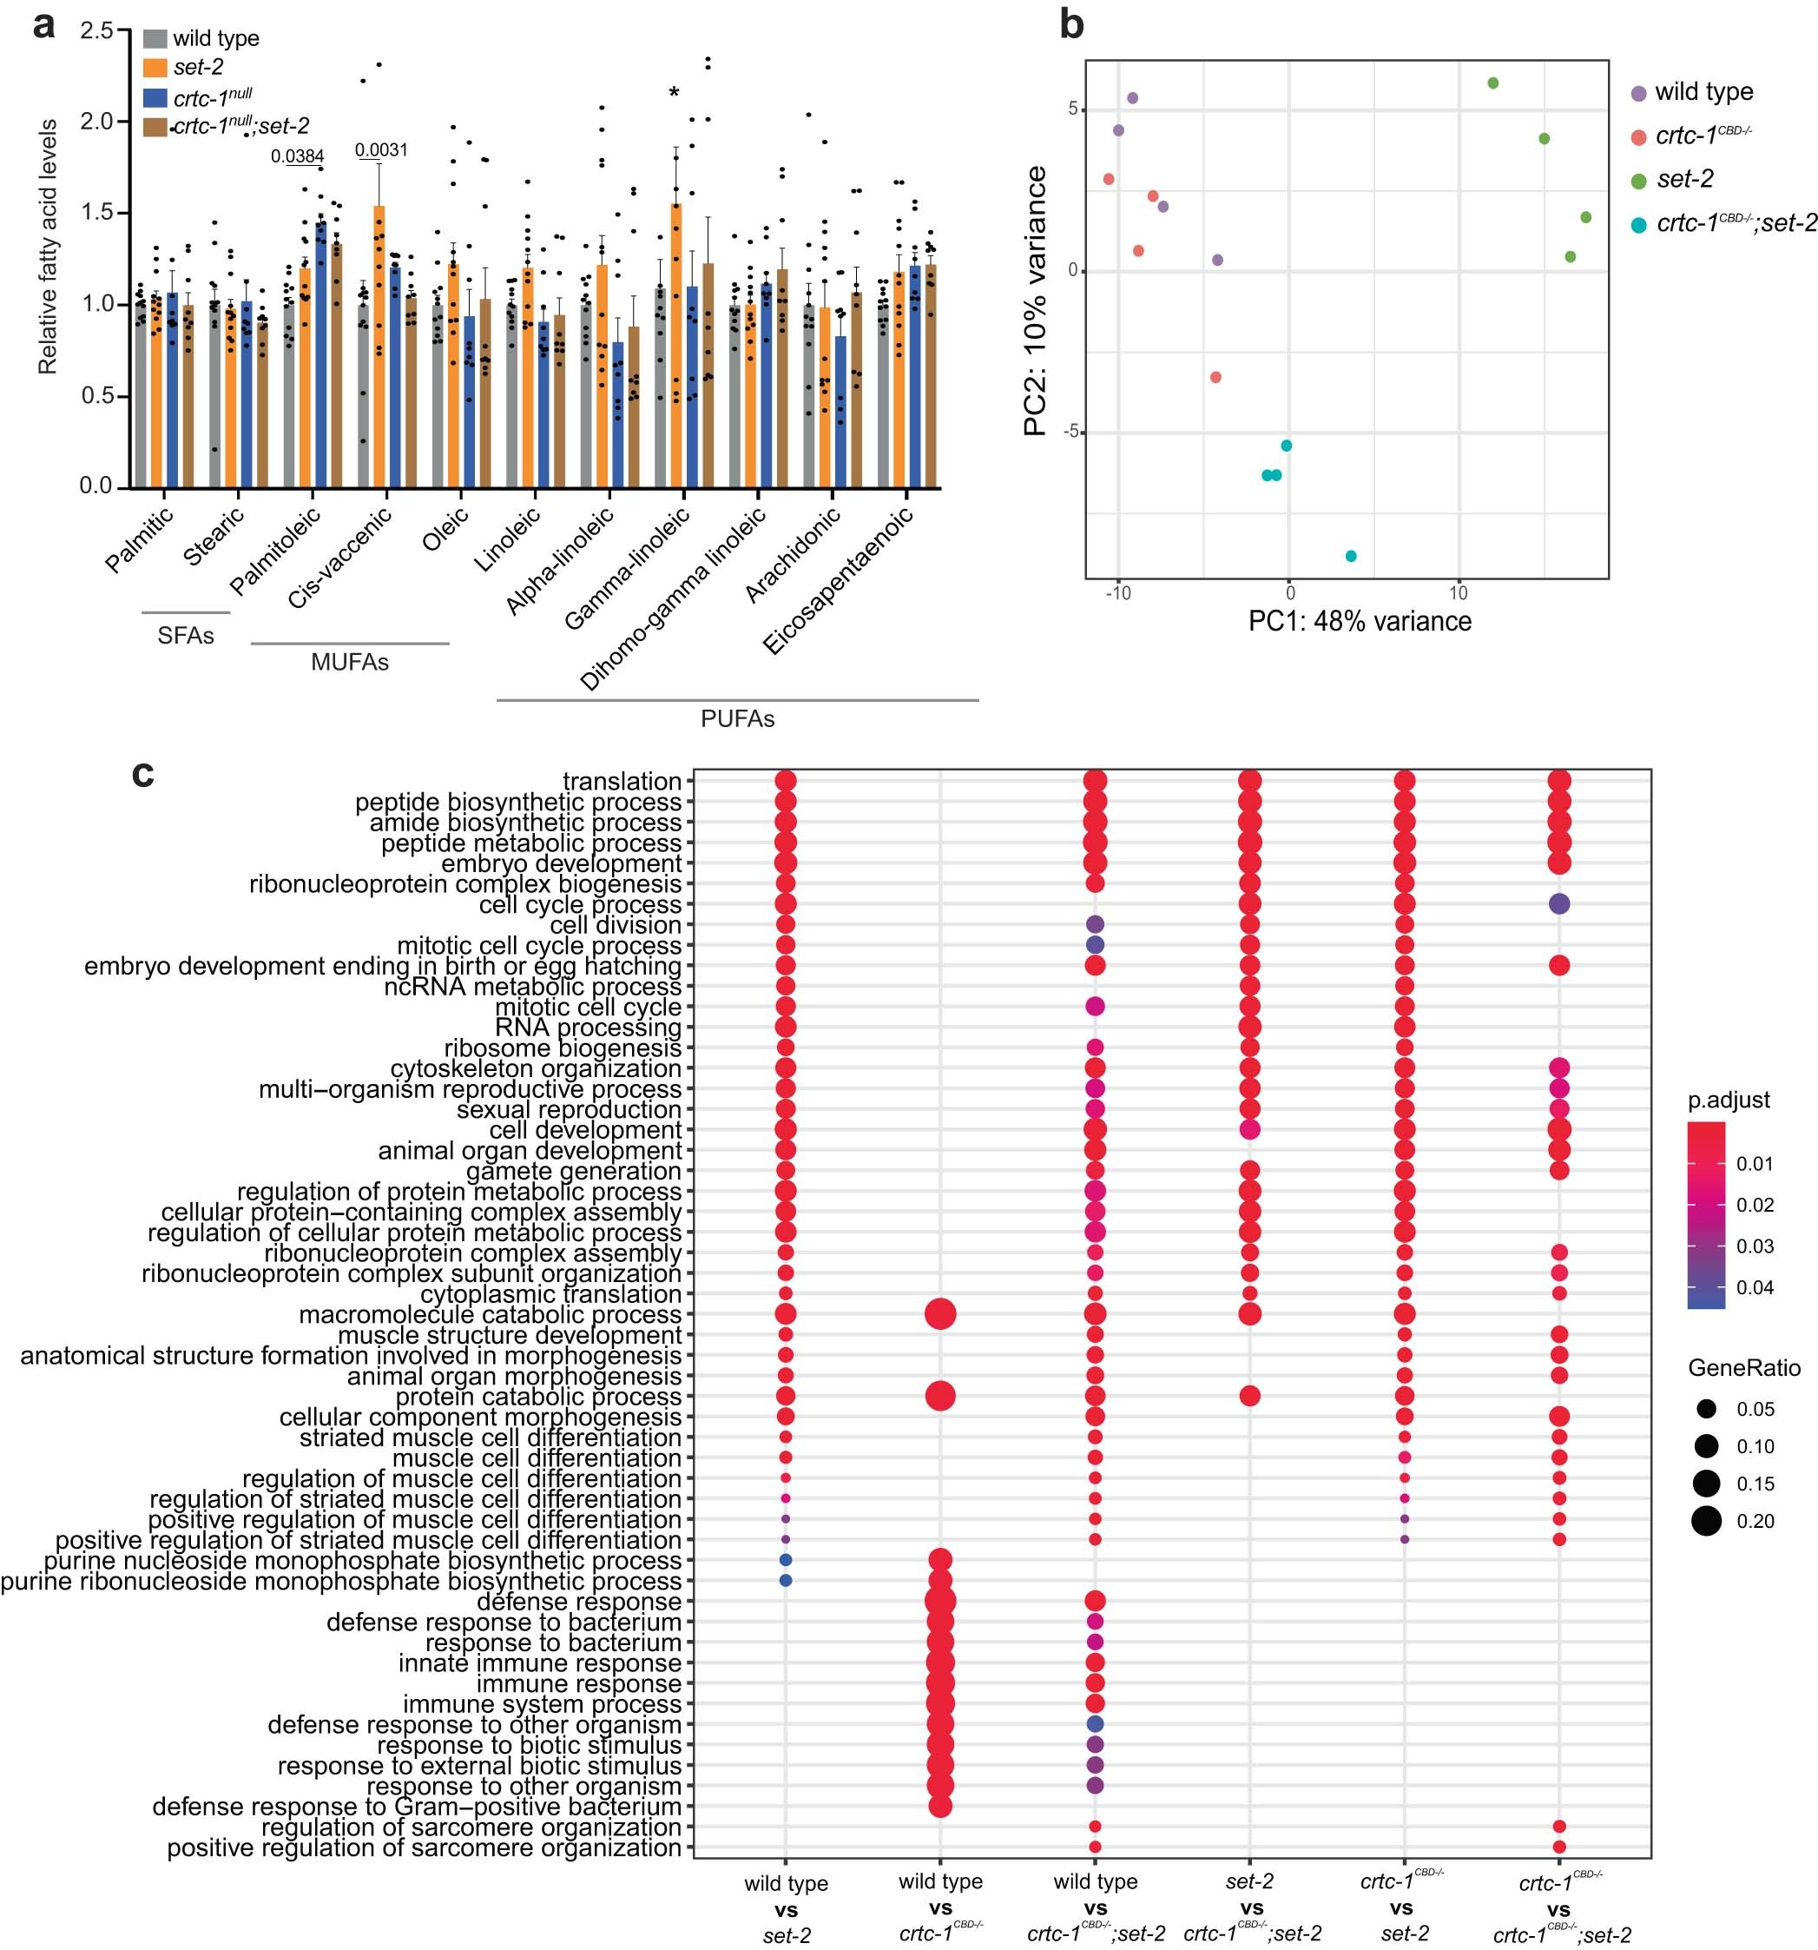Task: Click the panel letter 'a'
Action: tap(45, 26)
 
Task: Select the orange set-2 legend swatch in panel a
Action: tap(154, 68)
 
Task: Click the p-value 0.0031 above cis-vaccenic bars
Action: tap(381, 150)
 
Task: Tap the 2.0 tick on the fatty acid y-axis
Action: tap(97, 122)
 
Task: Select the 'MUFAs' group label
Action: tap(349, 662)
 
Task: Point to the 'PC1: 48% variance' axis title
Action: tap(1359, 621)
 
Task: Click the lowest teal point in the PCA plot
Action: tap(1350, 556)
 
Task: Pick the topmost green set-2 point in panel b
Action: tap(1492, 83)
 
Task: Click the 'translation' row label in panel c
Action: tap(622, 782)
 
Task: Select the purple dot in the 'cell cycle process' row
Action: tap(1558, 904)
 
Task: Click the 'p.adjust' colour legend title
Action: tap(1728, 1100)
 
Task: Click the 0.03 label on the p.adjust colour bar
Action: tap(1755, 1246)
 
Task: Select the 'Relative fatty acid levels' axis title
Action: tap(47, 248)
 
